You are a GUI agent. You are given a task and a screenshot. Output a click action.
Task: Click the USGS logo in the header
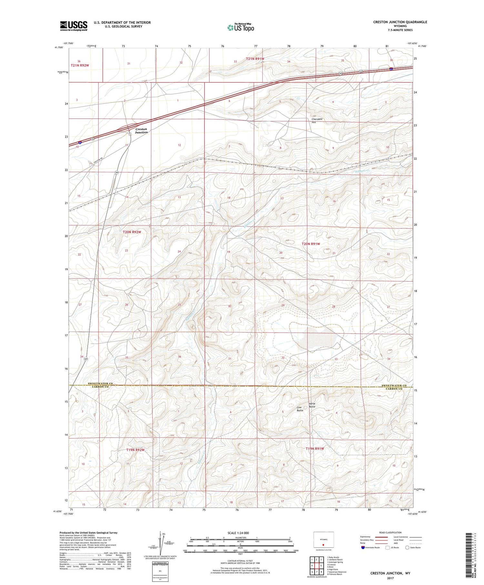74,26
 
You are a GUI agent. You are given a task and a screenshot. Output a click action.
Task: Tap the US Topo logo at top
240,28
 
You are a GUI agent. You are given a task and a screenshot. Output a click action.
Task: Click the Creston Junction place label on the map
141,131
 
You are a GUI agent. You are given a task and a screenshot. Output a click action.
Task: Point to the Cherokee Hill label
317,121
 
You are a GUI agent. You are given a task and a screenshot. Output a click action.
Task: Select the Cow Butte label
300,409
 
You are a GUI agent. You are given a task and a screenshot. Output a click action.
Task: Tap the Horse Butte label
312,405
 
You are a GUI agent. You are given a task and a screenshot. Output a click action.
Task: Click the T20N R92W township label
132,232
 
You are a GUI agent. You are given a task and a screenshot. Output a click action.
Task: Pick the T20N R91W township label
311,244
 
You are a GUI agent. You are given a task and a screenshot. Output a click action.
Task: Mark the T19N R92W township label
135,449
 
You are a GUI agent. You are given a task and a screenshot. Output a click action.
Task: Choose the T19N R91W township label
315,449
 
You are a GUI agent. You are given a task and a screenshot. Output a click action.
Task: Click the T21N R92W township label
80,65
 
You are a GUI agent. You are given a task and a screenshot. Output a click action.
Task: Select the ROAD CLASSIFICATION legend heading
390,532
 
